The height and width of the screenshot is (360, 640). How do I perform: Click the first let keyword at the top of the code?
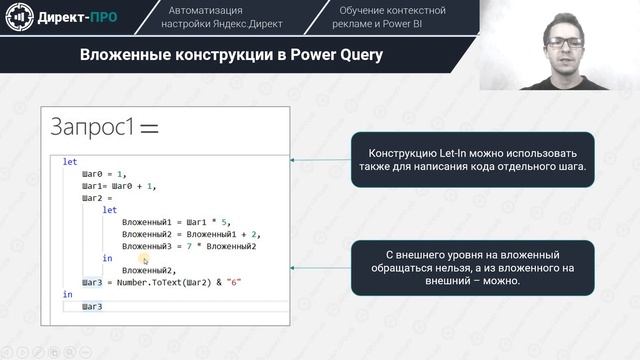[x=69, y=161]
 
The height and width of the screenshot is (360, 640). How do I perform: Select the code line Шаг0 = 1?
[x=105, y=173]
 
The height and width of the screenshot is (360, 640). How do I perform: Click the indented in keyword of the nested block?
[x=108, y=258]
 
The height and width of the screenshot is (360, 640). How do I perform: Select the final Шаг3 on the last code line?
[x=92, y=307]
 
